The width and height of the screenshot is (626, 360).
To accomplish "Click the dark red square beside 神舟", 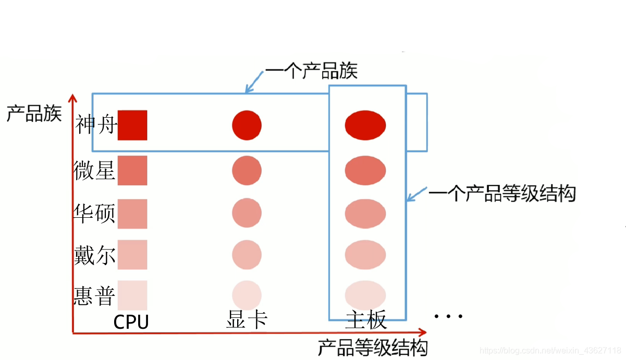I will (x=132, y=125).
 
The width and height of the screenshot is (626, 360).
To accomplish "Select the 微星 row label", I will (x=94, y=170).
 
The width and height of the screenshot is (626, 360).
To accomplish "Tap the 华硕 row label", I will (x=94, y=214).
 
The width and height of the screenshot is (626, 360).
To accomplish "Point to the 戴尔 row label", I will (x=94, y=255).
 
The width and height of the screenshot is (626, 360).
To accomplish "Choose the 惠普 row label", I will (x=94, y=295).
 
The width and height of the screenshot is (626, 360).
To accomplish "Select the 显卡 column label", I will (x=247, y=320).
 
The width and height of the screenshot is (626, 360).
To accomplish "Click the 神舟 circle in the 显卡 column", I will (x=247, y=125).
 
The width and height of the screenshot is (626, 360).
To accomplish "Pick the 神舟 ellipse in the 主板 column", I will (x=365, y=125).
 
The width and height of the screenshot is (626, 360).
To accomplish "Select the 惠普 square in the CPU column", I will (x=132, y=295).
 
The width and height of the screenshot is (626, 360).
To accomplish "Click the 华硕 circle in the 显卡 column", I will (x=247, y=214).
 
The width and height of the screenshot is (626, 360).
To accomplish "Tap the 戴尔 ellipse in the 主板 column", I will (x=365, y=255).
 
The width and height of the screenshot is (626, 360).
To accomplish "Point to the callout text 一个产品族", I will (x=311, y=71).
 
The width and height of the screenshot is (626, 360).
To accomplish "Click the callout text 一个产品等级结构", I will (x=502, y=194).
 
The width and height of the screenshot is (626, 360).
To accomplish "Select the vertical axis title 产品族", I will (x=34, y=113).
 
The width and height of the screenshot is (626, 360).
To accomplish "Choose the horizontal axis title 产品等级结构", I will (x=373, y=347).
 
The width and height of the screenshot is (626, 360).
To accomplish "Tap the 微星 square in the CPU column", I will (x=132, y=170).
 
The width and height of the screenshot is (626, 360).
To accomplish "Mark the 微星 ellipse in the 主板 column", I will (x=365, y=170).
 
